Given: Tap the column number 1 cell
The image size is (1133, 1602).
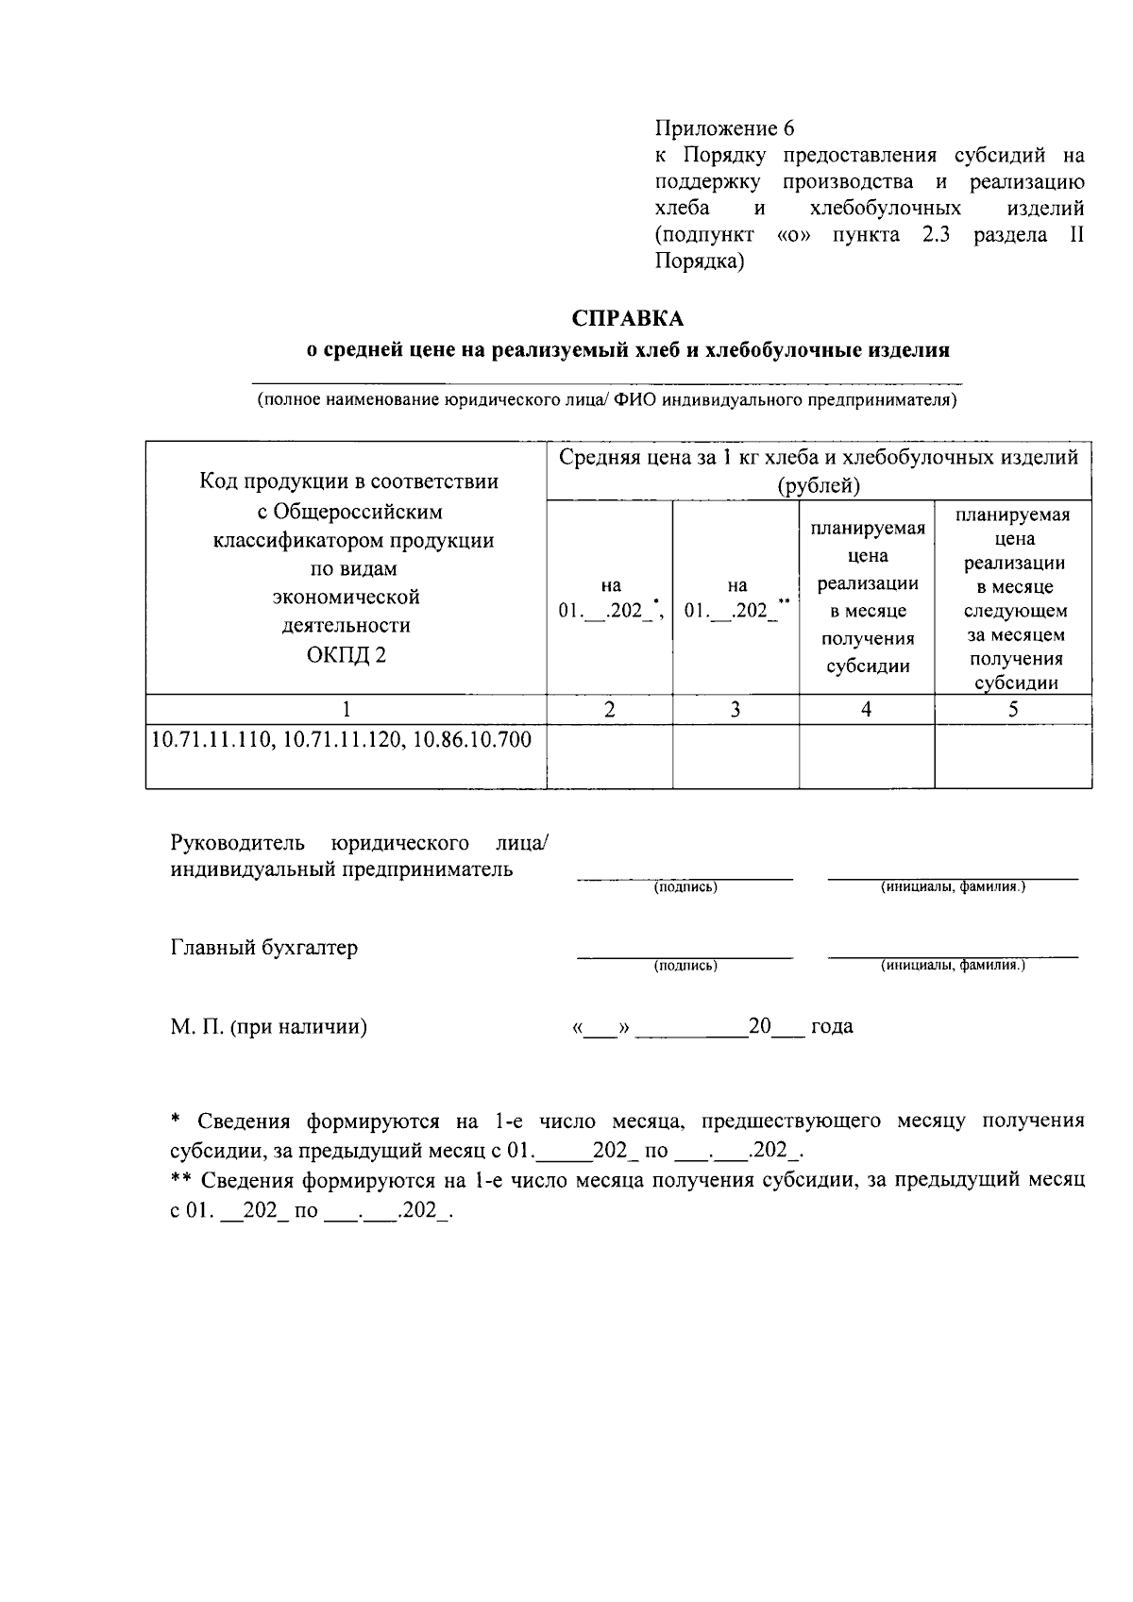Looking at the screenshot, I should (346, 709).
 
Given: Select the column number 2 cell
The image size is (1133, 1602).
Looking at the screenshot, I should (609, 709).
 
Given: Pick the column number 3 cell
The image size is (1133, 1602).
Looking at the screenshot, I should (735, 709).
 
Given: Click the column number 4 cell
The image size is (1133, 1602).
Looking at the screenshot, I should (866, 709).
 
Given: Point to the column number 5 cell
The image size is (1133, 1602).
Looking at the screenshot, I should (1012, 709).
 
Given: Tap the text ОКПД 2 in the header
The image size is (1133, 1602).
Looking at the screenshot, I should (346, 654).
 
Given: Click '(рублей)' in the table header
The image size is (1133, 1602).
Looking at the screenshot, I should (818, 486).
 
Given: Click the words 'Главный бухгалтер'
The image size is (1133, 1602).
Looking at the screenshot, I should (264, 948).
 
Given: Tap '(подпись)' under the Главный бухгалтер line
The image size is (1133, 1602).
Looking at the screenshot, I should (685, 966).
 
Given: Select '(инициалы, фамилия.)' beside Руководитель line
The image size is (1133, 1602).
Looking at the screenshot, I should (953, 887).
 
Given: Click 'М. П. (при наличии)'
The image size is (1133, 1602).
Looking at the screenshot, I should (269, 1026).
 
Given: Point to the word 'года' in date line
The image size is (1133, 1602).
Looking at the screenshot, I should (832, 1026).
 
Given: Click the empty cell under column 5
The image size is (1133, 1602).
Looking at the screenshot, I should (1012, 756).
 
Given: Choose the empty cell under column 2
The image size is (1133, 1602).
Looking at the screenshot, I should (609, 756).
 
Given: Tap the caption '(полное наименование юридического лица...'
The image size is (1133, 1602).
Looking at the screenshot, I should (607, 400).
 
